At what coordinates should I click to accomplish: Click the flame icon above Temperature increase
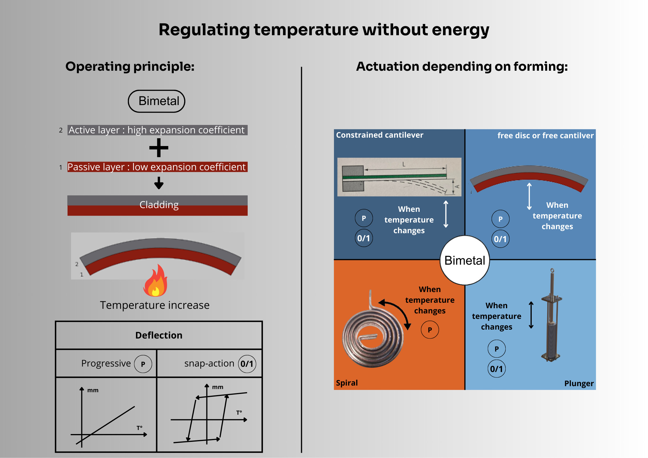(155, 281)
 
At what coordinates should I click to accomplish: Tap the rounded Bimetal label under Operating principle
(156, 101)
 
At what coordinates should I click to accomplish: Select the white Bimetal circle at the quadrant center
(465, 260)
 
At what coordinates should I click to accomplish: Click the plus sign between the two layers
(159, 148)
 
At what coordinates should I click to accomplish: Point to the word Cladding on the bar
(159, 205)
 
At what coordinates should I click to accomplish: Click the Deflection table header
(159, 335)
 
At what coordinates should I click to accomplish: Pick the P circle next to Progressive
(143, 364)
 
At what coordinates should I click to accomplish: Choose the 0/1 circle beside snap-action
(247, 364)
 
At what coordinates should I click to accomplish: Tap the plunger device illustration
(551, 315)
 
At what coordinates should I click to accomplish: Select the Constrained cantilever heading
(380, 135)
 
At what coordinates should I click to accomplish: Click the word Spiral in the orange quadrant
(347, 383)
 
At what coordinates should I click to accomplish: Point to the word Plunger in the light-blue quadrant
(579, 384)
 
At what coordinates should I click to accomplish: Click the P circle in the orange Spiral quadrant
(430, 330)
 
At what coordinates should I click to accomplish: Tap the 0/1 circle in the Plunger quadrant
(496, 369)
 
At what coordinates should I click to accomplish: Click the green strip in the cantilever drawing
(394, 176)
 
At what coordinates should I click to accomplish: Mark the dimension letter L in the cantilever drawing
(404, 164)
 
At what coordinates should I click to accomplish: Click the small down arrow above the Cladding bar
(159, 183)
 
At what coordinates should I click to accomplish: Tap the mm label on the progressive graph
(93, 390)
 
